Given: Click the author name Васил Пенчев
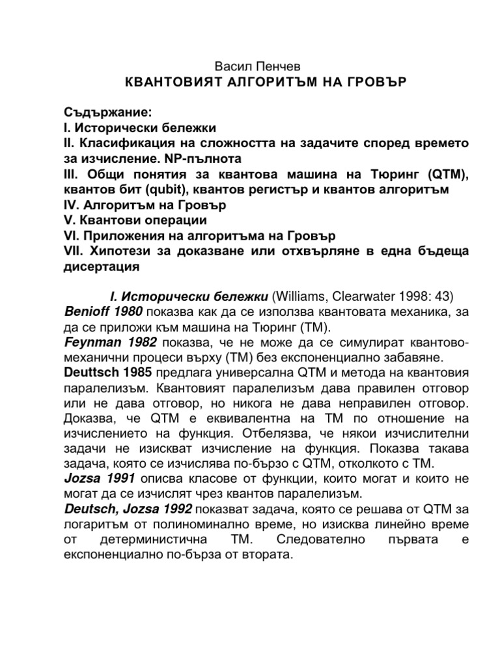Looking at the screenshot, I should coord(249,68).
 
